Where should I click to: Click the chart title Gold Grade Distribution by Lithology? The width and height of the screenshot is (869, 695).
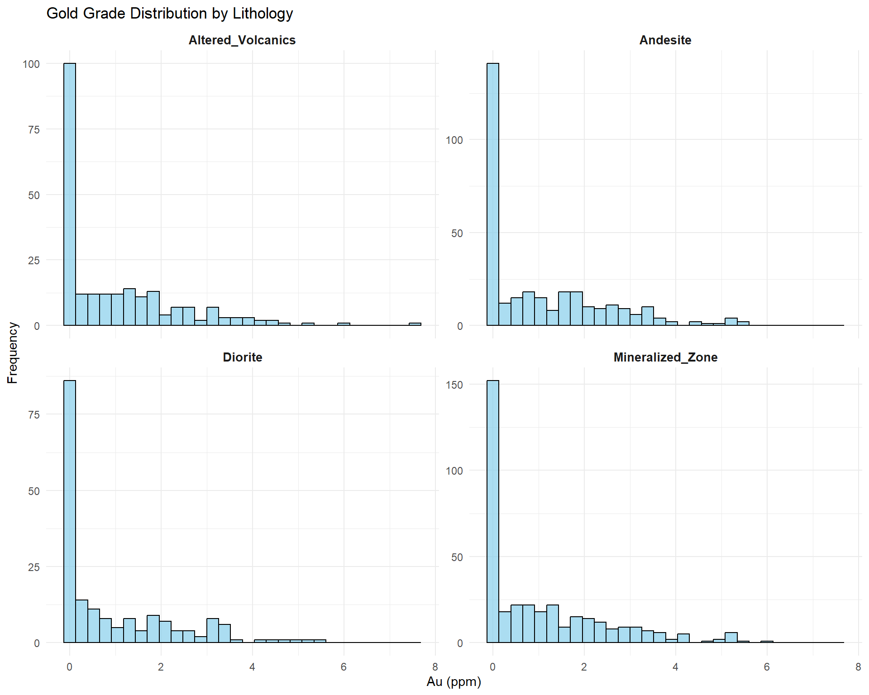pyautogui.click(x=170, y=14)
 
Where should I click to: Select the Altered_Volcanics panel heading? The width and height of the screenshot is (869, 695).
pyautogui.click(x=242, y=40)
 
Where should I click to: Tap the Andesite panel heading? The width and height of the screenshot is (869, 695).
pyautogui.click(x=665, y=40)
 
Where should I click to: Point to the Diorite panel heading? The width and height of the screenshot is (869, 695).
pyautogui.click(x=242, y=357)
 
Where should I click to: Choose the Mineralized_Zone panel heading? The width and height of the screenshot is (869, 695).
pyautogui.click(x=665, y=357)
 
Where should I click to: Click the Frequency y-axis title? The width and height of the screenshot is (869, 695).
pyautogui.click(x=12, y=353)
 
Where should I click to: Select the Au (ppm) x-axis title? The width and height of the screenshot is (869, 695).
pyautogui.click(x=454, y=681)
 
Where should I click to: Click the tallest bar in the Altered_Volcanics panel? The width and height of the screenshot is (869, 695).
pyautogui.click(x=70, y=195)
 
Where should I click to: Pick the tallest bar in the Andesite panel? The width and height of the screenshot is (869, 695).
pyautogui.click(x=493, y=195)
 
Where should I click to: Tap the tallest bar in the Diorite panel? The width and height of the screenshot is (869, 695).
pyautogui.click(x=70, y=511)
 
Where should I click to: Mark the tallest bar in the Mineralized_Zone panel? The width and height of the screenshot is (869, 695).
pyautogui.click(x=493, y=511)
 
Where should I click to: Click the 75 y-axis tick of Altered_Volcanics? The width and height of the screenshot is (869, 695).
pyautogui.click(x=34, y=130)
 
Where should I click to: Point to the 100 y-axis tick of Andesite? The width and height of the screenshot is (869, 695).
pyautogui.click(x=454, y=140)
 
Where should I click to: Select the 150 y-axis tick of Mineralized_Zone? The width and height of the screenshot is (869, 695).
pyautogui.click(x=454, y=385)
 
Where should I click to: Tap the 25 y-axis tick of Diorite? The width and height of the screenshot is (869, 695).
pyautogui.click(x=34, y=567)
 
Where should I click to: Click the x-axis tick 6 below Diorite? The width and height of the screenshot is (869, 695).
pyautogui.click(x=344, y=667)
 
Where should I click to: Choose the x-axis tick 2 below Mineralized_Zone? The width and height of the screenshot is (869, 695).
pyautogui.click(x=584, y=667)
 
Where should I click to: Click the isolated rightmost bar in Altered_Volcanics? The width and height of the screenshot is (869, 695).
pyautogui.click(x=415, y=324)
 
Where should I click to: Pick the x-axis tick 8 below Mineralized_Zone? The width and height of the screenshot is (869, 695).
pyautogui.click(x=858, y=667)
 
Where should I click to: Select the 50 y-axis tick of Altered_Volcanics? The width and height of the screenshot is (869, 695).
pyautogui.click(x=34, y=195)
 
